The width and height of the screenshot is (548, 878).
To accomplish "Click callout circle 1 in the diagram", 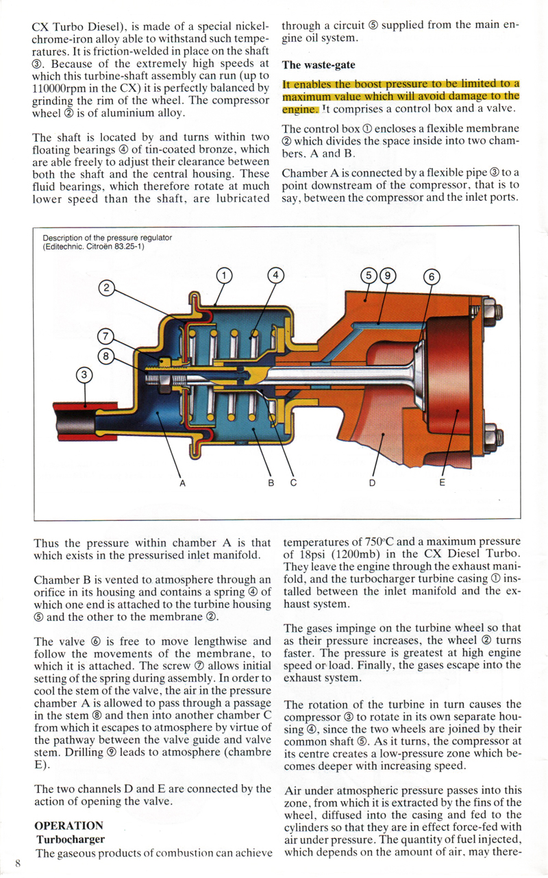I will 224,276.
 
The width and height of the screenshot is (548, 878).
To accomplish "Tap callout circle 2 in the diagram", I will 106,288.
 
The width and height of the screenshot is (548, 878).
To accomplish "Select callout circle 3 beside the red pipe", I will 84,375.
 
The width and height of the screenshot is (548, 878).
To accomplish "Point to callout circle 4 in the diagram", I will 275,276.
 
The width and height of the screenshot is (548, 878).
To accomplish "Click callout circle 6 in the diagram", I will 432,277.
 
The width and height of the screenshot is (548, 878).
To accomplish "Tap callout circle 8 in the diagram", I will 105,356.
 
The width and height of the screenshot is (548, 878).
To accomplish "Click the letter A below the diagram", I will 182,483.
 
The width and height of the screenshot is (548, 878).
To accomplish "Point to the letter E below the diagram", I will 442,483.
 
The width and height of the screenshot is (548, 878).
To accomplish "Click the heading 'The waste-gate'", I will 319,65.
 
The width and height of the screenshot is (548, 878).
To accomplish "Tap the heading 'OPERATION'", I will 68,825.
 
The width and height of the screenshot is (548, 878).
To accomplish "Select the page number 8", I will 18,863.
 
